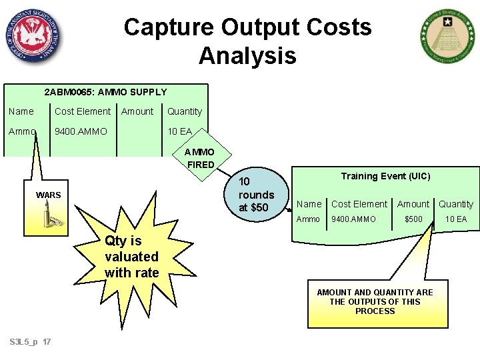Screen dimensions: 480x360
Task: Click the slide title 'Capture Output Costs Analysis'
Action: pos(247,41)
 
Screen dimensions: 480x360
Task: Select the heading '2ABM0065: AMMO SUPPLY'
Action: pos(105,92)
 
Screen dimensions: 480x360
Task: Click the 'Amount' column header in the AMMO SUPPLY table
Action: pos(137,111)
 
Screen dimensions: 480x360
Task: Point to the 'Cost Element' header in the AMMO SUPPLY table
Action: pos(83,111)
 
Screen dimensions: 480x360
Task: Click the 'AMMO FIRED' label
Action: pos(200,159)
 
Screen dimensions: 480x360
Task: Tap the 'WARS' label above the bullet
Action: pos(49,195)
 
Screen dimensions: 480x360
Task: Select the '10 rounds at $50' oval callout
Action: pos(257,194)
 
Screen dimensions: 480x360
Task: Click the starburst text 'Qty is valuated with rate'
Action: pos(132,257)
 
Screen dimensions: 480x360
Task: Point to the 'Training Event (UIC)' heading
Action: pos(385,176)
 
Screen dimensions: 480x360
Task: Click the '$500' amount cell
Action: pos(413,219)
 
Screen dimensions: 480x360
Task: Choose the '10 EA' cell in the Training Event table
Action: pos(456,219)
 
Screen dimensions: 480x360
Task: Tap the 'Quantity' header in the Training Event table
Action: pos(456,204)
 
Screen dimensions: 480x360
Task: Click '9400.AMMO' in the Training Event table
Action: pos(354,219)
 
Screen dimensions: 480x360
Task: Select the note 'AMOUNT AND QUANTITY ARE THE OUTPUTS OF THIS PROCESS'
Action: pos(375,301)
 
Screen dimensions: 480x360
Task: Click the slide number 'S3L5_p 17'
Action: pos(31,342)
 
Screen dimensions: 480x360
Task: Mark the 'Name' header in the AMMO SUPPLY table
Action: pos(21,111)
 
